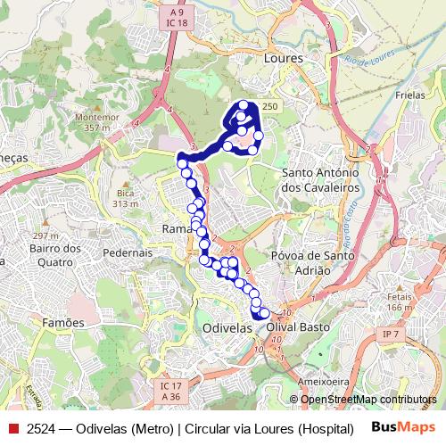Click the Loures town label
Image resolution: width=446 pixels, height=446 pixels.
pyautogui.click(x=285, y=57)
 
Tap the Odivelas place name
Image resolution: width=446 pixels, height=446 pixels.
pyautogui.click(x=227, y=328)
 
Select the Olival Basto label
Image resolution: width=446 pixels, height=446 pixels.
pyautogui.click(x=299, y=327)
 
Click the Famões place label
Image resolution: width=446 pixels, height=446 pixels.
pyautogui.click(x=64, y=321)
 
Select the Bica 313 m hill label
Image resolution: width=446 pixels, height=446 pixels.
pyautogui.click(x=125, y=198)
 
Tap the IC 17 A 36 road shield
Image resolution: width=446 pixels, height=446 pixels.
pyautogui.click(x=170, y=391)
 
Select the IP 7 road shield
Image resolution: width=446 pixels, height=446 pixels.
pyautogui.click(x=388, y=334)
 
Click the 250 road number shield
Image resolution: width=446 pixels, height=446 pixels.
pyautogui.click(x=269, y=106)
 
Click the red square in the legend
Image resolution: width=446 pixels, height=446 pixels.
pyautogui.click(x=12, y=427)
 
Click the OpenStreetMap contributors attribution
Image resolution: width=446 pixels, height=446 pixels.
pyautogui.click(x=368, y=400)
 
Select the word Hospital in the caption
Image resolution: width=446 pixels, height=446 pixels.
pyautogui.click(x=325, y=427)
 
